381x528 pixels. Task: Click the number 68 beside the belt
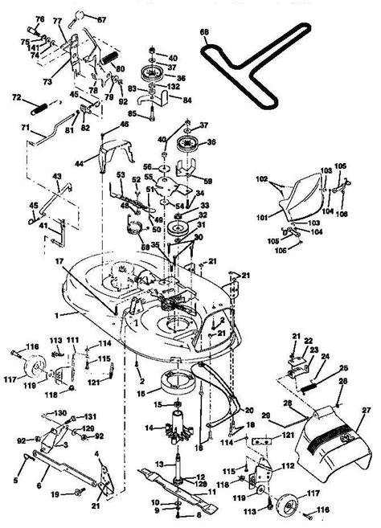click(204, 32)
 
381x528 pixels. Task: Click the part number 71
click(25, 129)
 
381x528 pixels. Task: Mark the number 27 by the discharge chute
click(367, 411)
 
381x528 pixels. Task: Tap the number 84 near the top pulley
click(187, 100)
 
